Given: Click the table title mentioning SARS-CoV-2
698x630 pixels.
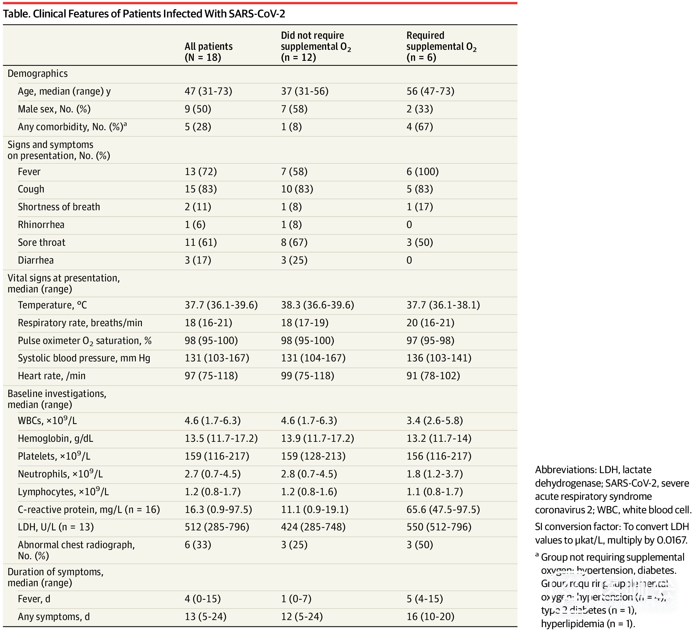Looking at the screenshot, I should [144, 14].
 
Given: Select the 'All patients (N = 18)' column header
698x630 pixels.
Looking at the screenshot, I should [208, 52].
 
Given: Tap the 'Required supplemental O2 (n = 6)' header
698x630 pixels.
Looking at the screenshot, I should [441, 46].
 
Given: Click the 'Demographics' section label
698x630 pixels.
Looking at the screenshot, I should [38, 74].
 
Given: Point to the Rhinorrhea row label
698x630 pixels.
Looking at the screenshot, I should [41, 225].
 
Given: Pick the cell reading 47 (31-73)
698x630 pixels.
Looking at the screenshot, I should [208, 91].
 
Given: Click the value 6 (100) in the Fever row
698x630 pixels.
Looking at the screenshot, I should [422, 172].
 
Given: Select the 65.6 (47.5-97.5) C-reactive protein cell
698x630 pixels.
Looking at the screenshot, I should [443, 509].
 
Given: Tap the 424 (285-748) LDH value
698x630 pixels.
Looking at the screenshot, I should [313, 527].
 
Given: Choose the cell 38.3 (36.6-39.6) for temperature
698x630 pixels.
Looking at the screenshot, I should [317, 305].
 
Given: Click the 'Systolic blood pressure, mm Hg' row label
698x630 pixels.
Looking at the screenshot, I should [84, 358].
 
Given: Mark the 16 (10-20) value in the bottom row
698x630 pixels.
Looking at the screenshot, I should [430, 616].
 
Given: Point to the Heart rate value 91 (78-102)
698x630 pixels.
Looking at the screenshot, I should [433, 376].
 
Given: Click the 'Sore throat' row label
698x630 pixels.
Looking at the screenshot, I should [42, 243].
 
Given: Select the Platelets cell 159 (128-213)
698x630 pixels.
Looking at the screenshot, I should [313, 456].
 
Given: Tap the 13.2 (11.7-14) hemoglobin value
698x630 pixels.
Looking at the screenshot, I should [439, 439].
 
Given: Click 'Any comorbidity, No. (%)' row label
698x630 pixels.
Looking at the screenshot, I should [72, 127].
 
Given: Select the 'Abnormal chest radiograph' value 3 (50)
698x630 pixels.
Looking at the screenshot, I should [420, 545].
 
